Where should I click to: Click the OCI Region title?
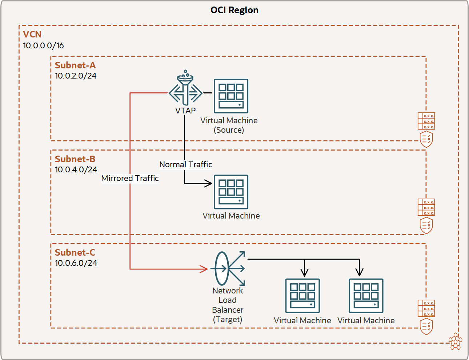(234, 10)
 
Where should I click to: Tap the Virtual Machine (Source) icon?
(231, 96)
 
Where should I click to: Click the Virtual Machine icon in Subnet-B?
(231, 192)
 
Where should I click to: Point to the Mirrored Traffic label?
(130, 178)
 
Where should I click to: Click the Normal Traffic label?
(185, 164)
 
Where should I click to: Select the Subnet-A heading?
(75, 65)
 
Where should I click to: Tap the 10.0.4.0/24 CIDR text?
(76, 169)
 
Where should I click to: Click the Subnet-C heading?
(75, 253)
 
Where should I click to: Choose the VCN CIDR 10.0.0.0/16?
(43, 45)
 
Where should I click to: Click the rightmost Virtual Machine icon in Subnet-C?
(366, 296)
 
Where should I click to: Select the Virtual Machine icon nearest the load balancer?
(302, 296)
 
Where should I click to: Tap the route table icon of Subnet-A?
(426, 121)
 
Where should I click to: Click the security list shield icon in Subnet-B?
(426, 225)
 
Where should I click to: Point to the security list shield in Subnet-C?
(426, 326)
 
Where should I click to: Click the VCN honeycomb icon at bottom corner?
(455, 341)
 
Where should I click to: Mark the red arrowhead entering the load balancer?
(204, 269)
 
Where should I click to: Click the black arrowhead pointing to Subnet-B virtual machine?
(209, 183)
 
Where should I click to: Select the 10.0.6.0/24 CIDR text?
(76, 263)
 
